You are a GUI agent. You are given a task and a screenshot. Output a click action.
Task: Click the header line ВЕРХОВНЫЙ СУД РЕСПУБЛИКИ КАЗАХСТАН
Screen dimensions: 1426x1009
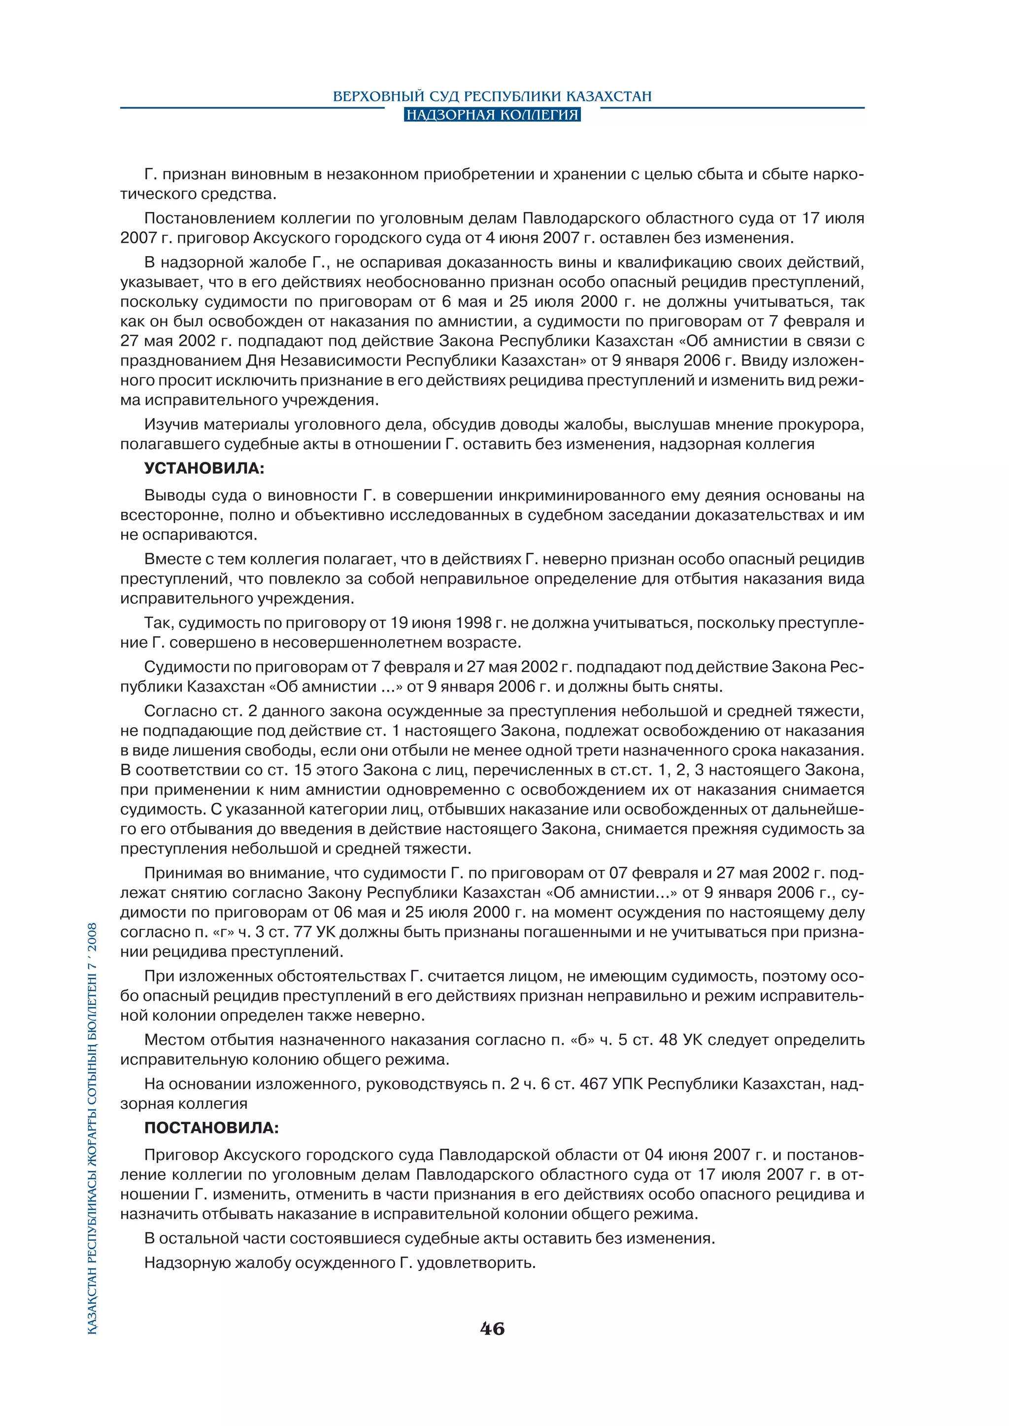click(x=492, y=97)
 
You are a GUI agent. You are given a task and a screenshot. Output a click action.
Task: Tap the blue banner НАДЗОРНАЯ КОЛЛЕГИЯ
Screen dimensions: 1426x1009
click(x=492, y=115)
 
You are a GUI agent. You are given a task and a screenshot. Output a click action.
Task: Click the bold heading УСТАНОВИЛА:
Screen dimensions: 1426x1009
click(x=204, y=468)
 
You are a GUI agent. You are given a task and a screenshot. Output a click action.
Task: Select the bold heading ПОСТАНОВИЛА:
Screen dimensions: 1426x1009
click(x=211, y=1128)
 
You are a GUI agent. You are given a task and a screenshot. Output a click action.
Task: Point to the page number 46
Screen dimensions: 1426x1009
click(x=492, y=1329)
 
